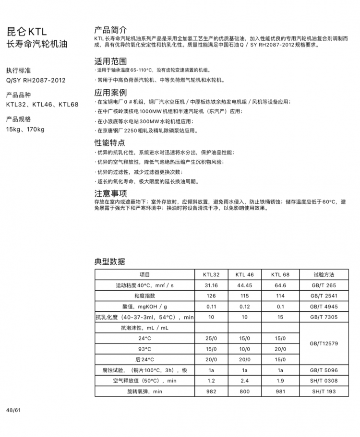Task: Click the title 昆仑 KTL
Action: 26,32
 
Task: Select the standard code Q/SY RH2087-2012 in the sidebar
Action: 36,80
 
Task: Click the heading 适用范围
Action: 110,61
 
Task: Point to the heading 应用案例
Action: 110,93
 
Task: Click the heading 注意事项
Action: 110,193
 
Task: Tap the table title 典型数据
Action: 109,261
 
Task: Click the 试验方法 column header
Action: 324,275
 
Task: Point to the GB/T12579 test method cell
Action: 324,343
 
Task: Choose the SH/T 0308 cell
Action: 324,381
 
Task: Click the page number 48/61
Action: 14,411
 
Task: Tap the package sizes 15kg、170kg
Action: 25,129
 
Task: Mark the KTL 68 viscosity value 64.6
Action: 280,285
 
